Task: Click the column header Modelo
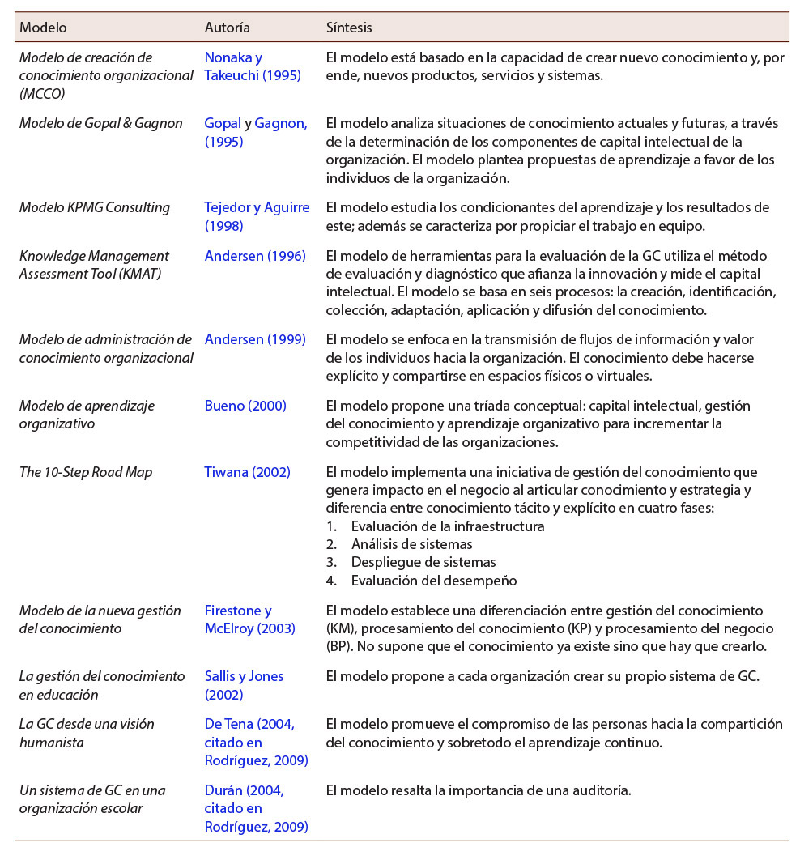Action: [43, 28]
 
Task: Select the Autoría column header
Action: [227, 28]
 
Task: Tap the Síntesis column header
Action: [349, 28]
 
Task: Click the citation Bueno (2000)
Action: [245, 406]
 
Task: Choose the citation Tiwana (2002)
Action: [247, 472]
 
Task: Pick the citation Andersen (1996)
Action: [255, 256]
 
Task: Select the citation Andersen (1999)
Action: [255, 339]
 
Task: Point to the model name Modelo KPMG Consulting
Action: [95, 207]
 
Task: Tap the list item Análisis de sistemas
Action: [411, 544]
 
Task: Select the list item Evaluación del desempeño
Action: [433, 580]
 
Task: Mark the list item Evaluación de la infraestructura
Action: [447, 526]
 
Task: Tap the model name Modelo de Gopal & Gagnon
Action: [100, 123]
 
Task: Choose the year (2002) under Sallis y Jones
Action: [224, 695]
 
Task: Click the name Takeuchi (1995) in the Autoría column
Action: [253, 76]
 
